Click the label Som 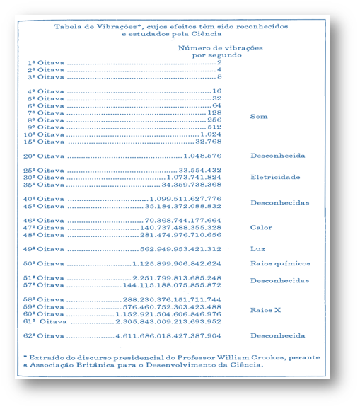coord(259,116)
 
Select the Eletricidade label coord(275,177)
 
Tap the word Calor coord(261,227)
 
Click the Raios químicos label coord(280,263)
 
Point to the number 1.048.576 coord(202,155)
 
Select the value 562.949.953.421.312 coord(181,249)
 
